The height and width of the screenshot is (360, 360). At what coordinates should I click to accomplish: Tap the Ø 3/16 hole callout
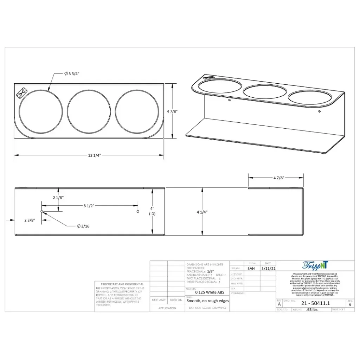(x=83, y=226)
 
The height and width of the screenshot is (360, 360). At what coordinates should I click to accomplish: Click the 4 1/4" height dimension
(x=202, y=212)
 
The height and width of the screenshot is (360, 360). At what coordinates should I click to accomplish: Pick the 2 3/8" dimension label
(x=30, y=220)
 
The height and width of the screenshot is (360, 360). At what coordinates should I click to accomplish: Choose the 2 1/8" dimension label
(x=58, y=198)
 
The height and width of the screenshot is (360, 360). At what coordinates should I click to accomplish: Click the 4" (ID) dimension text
(x=152, y=211)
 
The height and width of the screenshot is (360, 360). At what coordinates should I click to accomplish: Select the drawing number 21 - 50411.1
(x=315, y=303)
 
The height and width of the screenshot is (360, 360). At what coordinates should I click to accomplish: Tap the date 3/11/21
(x=268, y=268)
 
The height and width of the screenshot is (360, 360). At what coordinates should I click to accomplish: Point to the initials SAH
(x=251, y=268)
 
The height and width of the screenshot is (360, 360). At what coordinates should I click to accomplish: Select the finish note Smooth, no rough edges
(x=207, y=301)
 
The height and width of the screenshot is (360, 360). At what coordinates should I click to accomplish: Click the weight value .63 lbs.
(x=312, y=310)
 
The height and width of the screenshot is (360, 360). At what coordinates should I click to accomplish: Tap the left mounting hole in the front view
(x=42, y=211)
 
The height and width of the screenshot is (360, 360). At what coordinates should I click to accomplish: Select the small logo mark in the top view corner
(x=22, y=92)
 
